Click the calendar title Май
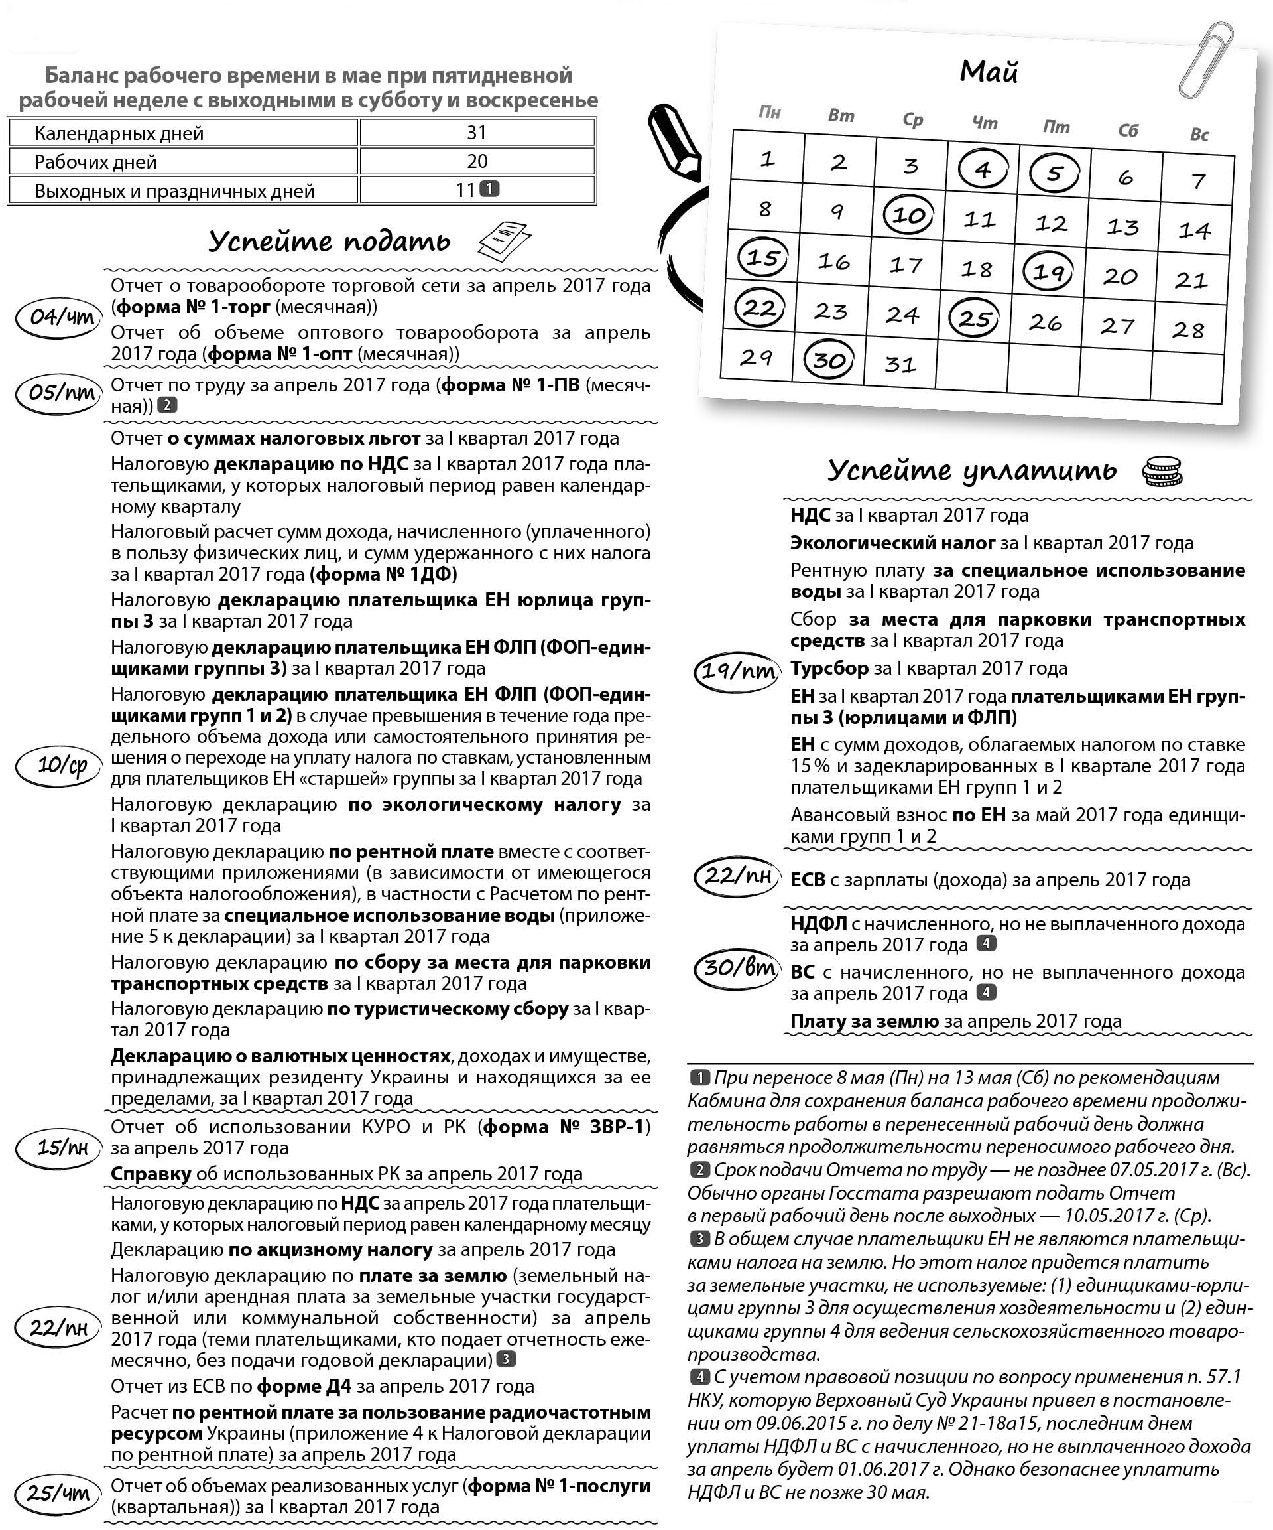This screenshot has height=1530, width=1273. [989, 72]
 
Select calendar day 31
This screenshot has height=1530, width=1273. [900, 364]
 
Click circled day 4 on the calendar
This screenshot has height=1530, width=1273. [983, 169]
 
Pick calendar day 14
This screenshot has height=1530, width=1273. [1194, 230]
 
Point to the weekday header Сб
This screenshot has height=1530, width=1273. [1127, 131]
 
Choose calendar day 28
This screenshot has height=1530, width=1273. [1187, 330]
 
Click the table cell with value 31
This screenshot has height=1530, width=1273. [476, 133]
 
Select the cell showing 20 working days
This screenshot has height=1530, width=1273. [476, 161]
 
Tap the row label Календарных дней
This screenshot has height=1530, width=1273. [119, 133]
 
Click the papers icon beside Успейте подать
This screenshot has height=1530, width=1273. [504, 240]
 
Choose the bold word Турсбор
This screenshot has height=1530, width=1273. [829, 668]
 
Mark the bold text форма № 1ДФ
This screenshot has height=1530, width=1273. [384, 574]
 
